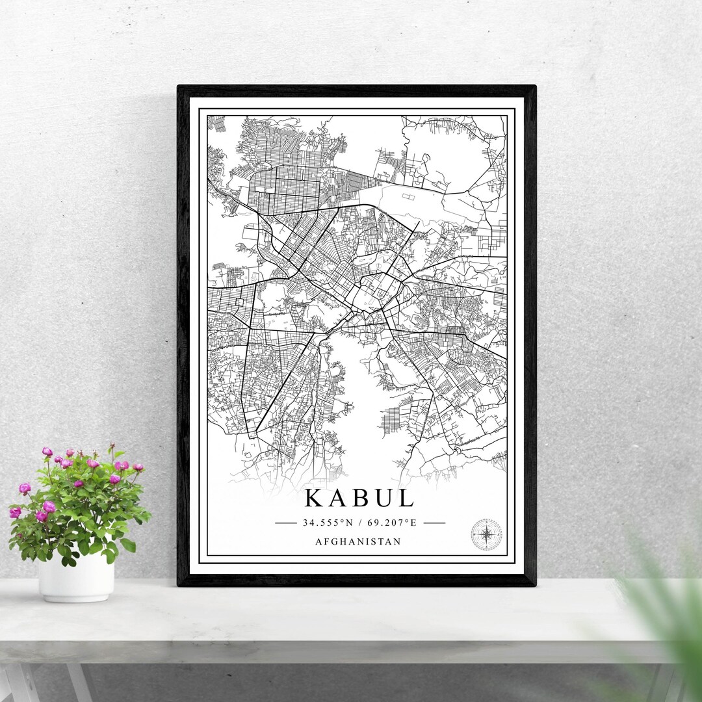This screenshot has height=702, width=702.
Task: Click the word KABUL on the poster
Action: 359,499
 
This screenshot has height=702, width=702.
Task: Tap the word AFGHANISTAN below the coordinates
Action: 357,541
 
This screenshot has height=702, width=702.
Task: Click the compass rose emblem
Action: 486,534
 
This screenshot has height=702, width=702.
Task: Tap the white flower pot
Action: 76,577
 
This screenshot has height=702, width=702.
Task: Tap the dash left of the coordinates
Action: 285,523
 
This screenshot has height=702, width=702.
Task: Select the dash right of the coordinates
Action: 434,523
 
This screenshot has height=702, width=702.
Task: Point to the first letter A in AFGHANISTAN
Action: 318,541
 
